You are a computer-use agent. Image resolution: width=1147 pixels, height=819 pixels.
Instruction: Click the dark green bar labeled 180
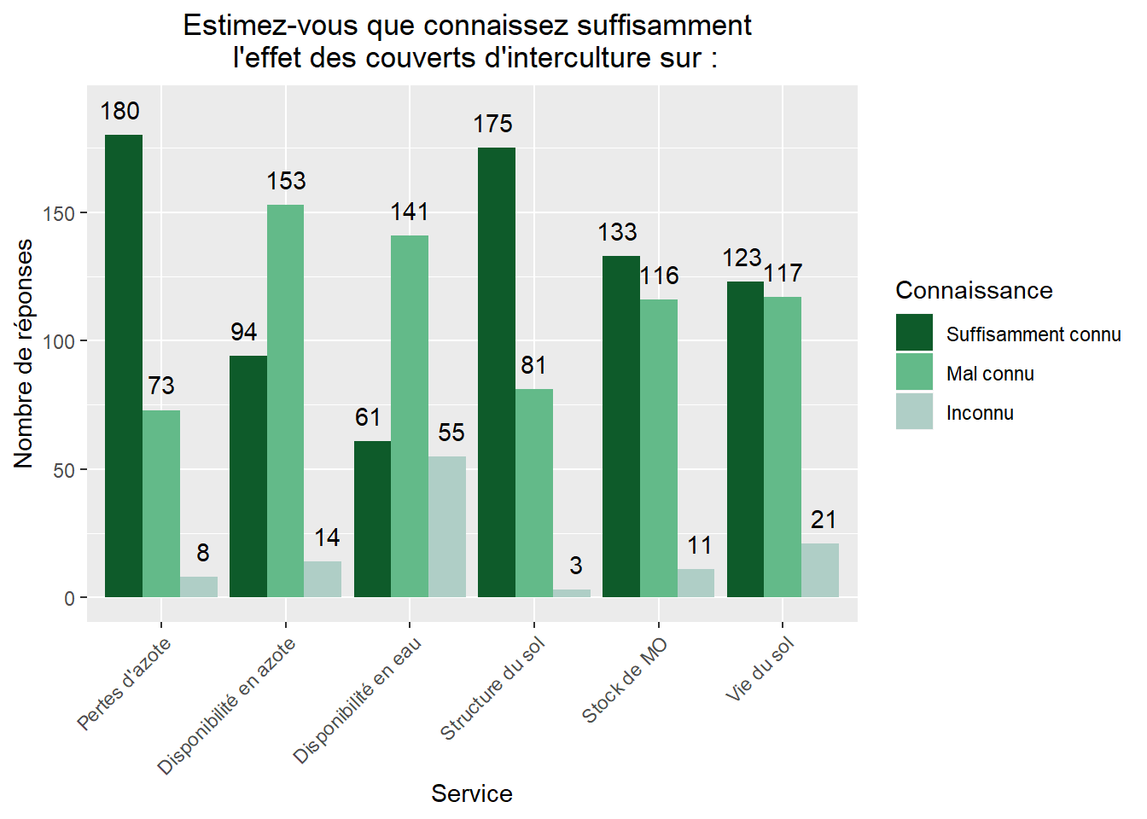coord(124,366)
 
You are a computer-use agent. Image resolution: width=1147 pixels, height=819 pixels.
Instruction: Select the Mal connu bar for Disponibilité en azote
coord(285,401)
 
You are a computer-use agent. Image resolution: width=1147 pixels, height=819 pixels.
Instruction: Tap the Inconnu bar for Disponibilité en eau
coord(447,526)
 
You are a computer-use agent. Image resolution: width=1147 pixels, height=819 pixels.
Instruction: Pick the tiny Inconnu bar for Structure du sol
coord(571,593)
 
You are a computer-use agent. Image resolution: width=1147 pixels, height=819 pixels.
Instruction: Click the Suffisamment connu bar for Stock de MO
coord(621,427)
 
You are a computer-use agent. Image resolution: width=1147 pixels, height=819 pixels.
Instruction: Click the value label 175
coord(493,124)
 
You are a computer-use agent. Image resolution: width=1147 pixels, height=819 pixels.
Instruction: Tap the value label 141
coord(410,212)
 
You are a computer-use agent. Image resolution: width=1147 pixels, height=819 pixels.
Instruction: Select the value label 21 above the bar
coord(824,520)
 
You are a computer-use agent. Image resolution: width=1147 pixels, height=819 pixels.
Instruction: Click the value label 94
coord(244,332)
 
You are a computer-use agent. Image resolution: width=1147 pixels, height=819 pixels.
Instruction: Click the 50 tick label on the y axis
coord(64,471)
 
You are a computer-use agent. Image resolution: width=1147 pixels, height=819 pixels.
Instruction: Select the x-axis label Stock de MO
coord(625,681)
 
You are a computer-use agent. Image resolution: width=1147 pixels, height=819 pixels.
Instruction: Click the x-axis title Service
coord(471,793)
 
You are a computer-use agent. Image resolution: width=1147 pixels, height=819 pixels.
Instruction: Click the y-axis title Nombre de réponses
coord(24,353)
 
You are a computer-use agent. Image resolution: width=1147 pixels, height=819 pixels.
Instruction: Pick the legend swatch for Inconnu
coord(914,412)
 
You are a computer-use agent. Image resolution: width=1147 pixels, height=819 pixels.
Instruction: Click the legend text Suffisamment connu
coord(1033,334)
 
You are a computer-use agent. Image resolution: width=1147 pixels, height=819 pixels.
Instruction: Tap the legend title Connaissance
coord(974,290)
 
